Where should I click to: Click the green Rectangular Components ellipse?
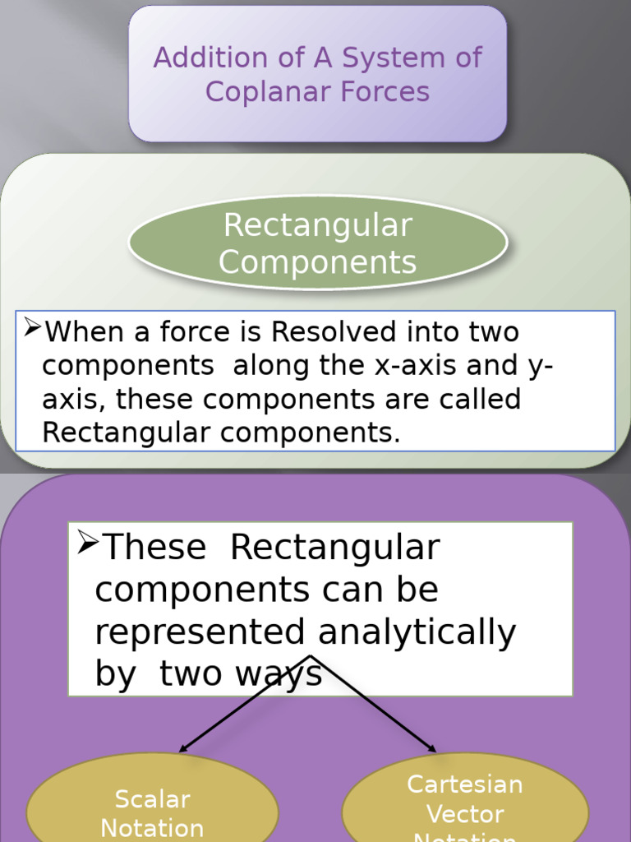[318, 243]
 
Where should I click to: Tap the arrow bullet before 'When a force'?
[32, 328]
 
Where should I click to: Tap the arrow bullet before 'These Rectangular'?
[87, 543]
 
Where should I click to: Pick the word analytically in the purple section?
[417, 632]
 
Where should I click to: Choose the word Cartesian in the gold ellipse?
[465, 784]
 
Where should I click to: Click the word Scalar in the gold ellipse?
[153, 799]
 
